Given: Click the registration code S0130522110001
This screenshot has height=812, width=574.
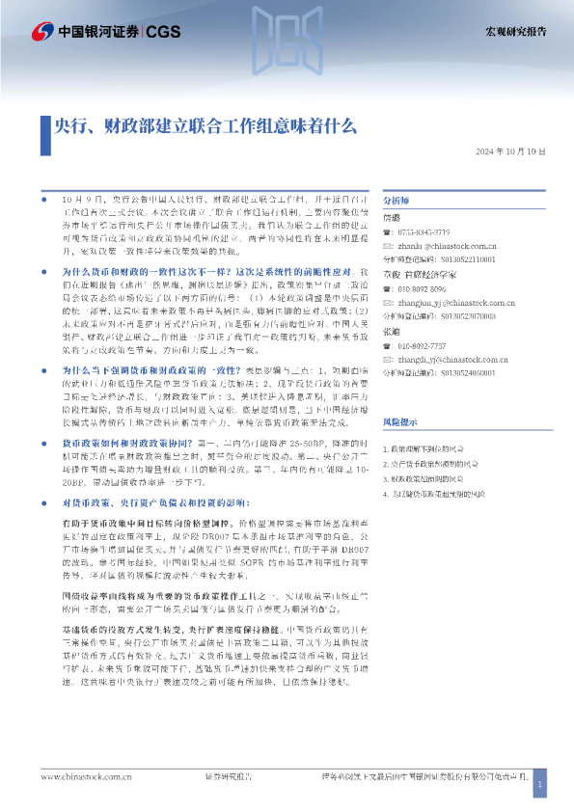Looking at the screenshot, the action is click(x=454, y=259).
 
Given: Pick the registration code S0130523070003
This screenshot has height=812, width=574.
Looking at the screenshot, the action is click(x=454, y=315).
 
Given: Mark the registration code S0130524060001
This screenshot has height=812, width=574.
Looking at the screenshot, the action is click(x=454, y=371).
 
